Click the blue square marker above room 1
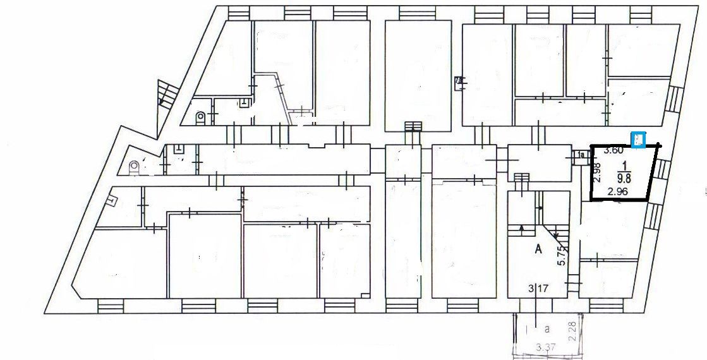(x=639, y=139)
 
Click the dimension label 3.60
(x=615, y=150)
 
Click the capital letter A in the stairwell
(x=538, y=249)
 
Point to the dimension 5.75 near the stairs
(x=560, y=256)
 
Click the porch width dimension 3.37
(x=542, y=347)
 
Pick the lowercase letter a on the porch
(x=547, y=328)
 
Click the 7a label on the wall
(x=459, y=80)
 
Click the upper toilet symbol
(x=200, y=117)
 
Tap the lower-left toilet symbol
(x=133, y=167)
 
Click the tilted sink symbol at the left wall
(x=112, y=201)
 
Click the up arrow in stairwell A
(x=521, y=228)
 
